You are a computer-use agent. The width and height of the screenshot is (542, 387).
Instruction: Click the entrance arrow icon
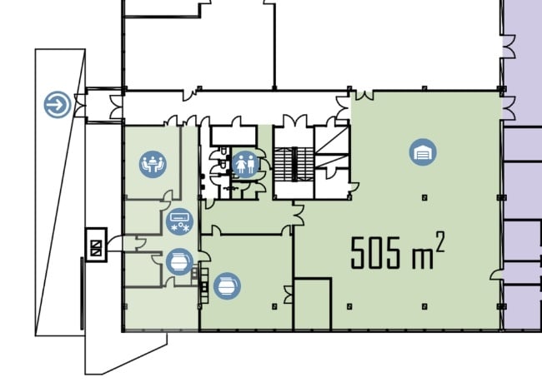(x=58, y=105)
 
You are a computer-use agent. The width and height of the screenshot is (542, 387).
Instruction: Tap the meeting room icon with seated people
(x=153, y=164)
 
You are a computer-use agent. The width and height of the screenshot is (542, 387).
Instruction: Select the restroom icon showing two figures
(x=245, y=164)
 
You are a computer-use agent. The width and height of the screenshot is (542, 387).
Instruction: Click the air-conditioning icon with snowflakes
(x=180, y=221)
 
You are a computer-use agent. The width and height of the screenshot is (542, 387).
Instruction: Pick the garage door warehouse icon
(x=423, y=152)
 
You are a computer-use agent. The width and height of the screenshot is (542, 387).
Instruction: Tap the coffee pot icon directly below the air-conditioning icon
(x=179, y=262)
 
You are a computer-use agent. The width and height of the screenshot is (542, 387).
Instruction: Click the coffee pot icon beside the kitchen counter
(x=227, y=286)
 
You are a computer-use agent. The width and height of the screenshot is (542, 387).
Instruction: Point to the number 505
(x=375, y=253)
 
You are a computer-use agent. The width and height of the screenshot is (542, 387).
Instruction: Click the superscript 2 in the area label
(x=439, y=242)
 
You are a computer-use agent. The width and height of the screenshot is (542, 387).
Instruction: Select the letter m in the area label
(x=423, y=258)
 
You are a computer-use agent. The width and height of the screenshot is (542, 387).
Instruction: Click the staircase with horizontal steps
(x=294, y=164)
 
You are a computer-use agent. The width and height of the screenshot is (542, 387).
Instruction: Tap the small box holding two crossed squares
(x=96, y=245)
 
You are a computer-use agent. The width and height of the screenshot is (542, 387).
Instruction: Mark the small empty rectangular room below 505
(x=313, y=304)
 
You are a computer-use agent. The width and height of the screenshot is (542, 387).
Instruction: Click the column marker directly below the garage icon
(x=424, y=197)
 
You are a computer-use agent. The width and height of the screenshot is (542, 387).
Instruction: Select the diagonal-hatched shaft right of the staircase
(x=332, y=146)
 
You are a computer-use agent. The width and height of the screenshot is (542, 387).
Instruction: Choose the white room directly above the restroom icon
(x=233, y=135)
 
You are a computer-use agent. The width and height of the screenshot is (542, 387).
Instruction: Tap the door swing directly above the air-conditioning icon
(x=167, y=200)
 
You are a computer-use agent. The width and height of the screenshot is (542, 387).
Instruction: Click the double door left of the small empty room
(x=289, y=295)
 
